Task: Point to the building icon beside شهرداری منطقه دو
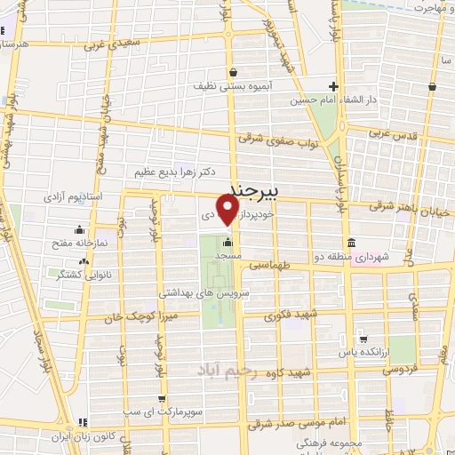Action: pyautogui.click(x=351, y=243)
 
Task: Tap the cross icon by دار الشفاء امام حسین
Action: pyautogui.click(x=333, y=86)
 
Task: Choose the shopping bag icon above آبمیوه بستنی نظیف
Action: pyautogui.click(x=232, y=73)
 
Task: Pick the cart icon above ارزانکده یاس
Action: pyautogui.click(x=363, y=339)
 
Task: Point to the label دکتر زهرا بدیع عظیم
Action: pyautogui.click(x=177, y=170)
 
